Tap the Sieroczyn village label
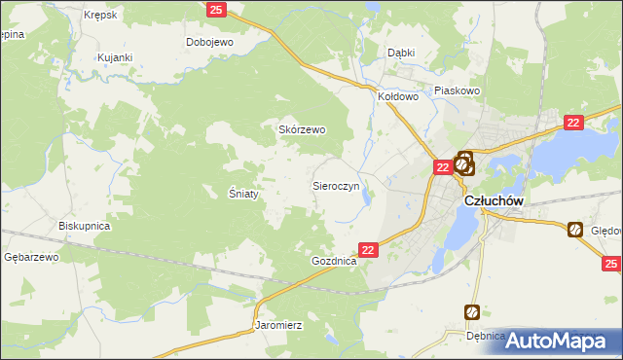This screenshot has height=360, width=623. [x=336, y=184]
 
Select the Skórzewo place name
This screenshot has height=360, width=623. [x=302, y=129]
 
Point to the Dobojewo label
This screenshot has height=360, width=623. [x=210, y=42]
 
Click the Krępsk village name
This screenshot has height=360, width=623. [x=101, y=16]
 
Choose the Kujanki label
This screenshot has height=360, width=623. [x=114, y=57]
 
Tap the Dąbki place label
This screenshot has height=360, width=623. [x=401, y=53]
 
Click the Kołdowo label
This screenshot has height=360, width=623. [x=397, y=96]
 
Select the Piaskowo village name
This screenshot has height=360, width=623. [x=457, y=90]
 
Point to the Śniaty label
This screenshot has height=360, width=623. [x=243, y=194]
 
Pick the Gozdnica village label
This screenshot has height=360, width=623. [x=335, y=262]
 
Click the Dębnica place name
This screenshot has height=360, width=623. [x=485, y=336]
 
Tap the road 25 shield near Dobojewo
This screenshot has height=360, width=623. [x=216, y=10]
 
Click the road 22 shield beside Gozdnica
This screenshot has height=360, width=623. [x=368, y=250]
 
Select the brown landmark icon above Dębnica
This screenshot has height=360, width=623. [x=472, y=312]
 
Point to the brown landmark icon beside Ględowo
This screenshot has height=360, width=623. [x=575, y=230]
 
